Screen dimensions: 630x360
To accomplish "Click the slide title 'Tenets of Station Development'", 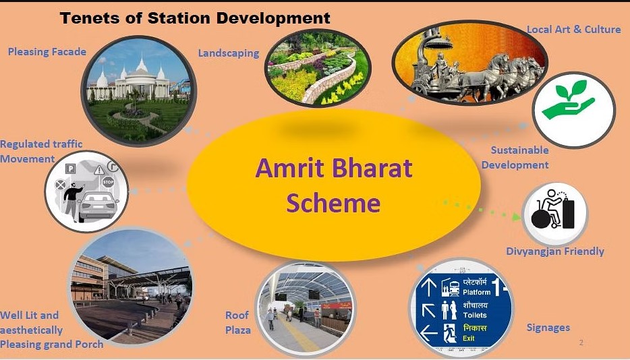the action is tap(195, 18).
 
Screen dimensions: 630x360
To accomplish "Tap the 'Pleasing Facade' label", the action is tap(47, 52).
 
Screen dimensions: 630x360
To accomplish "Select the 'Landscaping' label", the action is tap(229, 53).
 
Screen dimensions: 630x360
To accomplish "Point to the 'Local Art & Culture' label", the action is tap(574, 30).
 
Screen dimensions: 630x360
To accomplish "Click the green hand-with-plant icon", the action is tap(568, 100).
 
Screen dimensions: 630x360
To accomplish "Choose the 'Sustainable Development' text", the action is tap(515, 158).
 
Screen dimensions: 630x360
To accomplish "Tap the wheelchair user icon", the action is tap(553, 210).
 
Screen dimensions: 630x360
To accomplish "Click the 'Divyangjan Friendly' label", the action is tap(555, 251).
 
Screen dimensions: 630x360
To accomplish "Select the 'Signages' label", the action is tap(548, 328).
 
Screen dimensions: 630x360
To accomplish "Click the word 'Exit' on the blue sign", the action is tap(469, 338).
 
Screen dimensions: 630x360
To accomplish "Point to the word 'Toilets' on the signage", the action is tap(475, 316).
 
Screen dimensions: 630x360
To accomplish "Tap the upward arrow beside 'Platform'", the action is tap(429, 287).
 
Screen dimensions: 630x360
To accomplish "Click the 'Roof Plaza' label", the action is tap(238, 323).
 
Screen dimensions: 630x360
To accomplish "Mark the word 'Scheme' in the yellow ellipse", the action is tap(333, 203).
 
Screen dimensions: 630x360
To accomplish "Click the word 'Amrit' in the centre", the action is tap(289, 168).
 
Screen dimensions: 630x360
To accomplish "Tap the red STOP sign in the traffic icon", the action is tap(108, 182).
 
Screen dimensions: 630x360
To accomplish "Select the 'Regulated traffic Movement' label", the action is tap(41, 152).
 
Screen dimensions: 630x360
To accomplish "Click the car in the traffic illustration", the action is tap(98, 206).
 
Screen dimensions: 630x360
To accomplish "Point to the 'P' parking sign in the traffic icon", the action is tap(70, 169).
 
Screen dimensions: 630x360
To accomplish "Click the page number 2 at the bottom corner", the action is tap(581, 342).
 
